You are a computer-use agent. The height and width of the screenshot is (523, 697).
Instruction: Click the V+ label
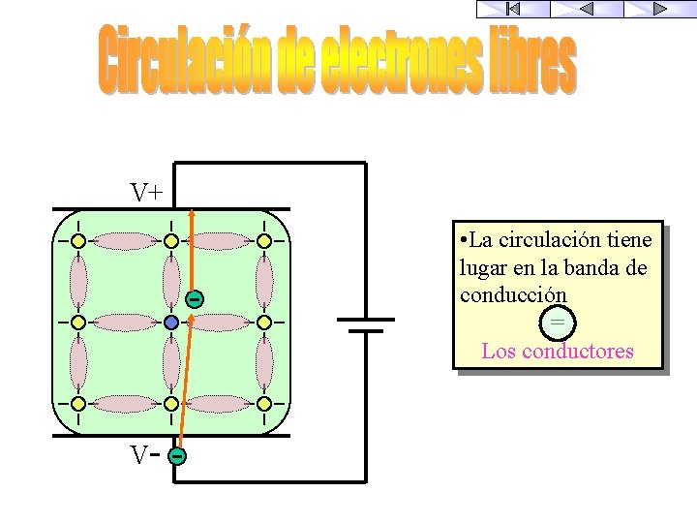[x=147, y=193]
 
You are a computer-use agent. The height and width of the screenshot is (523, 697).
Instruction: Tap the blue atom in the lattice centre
[x=171, y=322]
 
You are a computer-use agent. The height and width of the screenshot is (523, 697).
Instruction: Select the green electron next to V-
[x=176, y=455]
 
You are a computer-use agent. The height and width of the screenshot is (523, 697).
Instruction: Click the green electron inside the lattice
[x=194, y=298]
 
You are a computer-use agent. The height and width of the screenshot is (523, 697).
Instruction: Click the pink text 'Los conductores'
[x=558, y=351]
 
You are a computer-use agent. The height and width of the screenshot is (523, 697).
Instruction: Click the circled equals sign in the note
[x=558, y=322]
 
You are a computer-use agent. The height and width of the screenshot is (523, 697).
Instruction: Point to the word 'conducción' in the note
[x=513, y=293]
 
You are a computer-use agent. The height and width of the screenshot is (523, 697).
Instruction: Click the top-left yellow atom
[x=77, y=240]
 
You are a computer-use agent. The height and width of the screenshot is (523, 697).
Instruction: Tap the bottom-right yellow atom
[x=263, y=403]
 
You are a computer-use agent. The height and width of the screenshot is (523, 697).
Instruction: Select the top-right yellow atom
[x=263, y=240]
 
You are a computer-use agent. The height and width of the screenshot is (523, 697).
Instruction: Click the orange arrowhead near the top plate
[x=191, y=215]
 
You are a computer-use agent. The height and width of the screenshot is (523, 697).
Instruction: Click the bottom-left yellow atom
[x=77, y=403]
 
